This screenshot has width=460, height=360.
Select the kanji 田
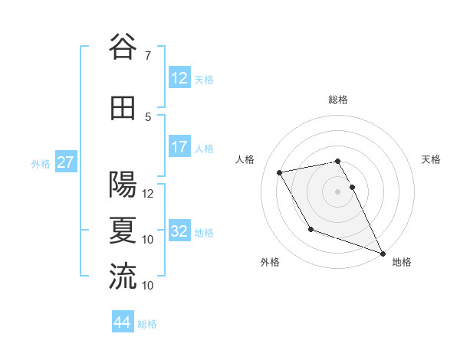pos(123,108)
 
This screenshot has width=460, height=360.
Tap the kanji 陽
pos(123,185)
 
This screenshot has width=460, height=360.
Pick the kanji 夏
pos(123,231)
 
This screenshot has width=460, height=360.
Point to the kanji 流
pos(123,277)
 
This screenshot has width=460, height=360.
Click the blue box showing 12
pos(179,78)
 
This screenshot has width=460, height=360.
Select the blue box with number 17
pos(179,147)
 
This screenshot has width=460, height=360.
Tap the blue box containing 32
pos(179,231)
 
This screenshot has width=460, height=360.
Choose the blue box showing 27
pos(65,162)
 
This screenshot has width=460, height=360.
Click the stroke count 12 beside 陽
pos(148,194)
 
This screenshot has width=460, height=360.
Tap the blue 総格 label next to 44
pos(147,324)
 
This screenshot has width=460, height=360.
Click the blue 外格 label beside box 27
pos(40,163)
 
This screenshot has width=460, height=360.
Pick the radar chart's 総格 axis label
pos(337,100)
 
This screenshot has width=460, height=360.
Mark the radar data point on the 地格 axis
pos(383,254)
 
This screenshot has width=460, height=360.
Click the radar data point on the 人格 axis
pos(280,172)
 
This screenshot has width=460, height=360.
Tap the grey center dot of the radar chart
pos(337,191)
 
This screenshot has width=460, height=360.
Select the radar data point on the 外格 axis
pos(310,229)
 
